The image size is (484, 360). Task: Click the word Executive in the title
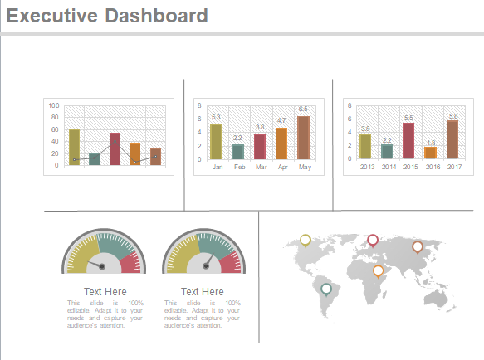pos(51,16)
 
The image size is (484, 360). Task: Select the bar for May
pos(303,138)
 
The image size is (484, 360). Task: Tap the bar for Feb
pos(238,151)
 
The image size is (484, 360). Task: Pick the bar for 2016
pos(430,153)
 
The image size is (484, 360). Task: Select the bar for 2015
pos(408,140)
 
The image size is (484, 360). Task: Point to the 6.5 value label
pos(303,109)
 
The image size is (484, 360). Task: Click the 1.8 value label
pos(430,143)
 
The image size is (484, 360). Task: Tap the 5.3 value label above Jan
pos(216,117)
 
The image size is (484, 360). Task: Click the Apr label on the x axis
pos(281,167)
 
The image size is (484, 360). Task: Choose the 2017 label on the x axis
pos(453,167)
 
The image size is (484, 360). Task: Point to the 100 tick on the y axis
pos(55,106)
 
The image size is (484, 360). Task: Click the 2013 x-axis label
pos(366,167)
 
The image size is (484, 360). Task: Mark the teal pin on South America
pos(326,289)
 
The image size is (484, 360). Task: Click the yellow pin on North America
pos(305,240)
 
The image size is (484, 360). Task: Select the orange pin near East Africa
pos(378,270)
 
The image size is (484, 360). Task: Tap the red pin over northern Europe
pos(373,240)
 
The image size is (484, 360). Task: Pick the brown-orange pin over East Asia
pos(417,246)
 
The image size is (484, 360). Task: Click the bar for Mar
pos(260,146)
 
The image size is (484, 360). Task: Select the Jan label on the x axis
pos(217,167)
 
